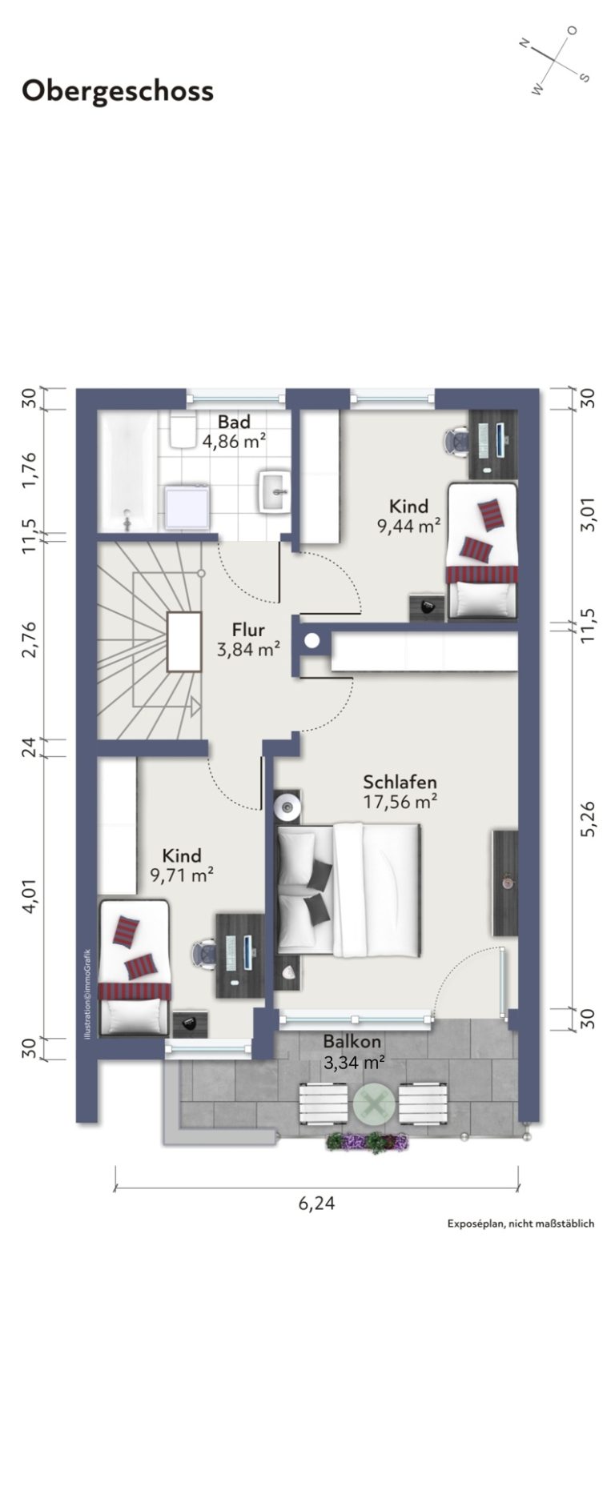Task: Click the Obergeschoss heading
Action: click(x=118, y=91)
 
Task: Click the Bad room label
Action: click(x=234, y=422)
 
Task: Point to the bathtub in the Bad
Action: click(x=127, y=471)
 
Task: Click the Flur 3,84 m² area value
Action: click(x=248, y=649)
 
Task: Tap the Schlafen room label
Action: click(x=400, y=782)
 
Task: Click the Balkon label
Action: click(x=352, y=1042)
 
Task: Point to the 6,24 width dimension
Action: click(x=317, y=1203)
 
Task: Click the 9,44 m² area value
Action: click(x=409, y=526)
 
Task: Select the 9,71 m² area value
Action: click(x=181, y=875)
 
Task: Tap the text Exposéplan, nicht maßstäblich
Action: click(x=521, y=1224)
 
